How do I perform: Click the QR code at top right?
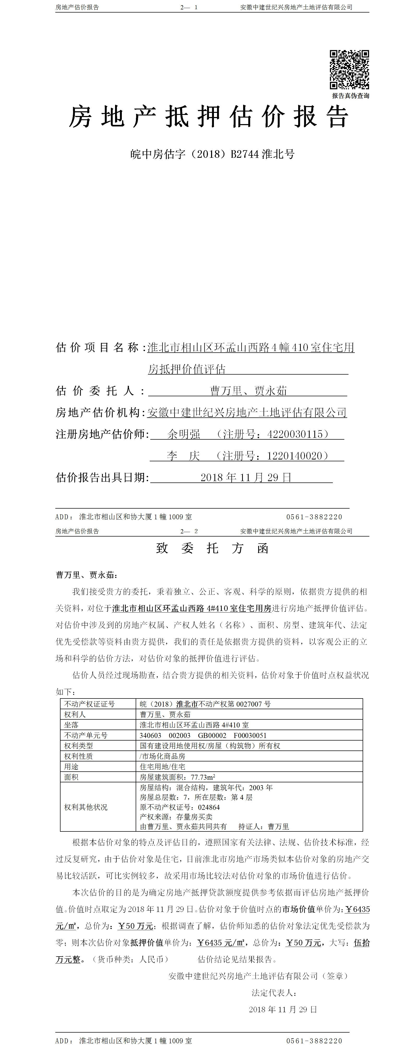point(349,69)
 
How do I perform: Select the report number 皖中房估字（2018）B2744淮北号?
point(212,154)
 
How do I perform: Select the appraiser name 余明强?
point(184,434)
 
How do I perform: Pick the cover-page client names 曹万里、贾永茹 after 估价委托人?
point(248,391)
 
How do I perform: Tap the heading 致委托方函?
point(212,548)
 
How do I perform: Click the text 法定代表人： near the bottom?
point(274,993)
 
